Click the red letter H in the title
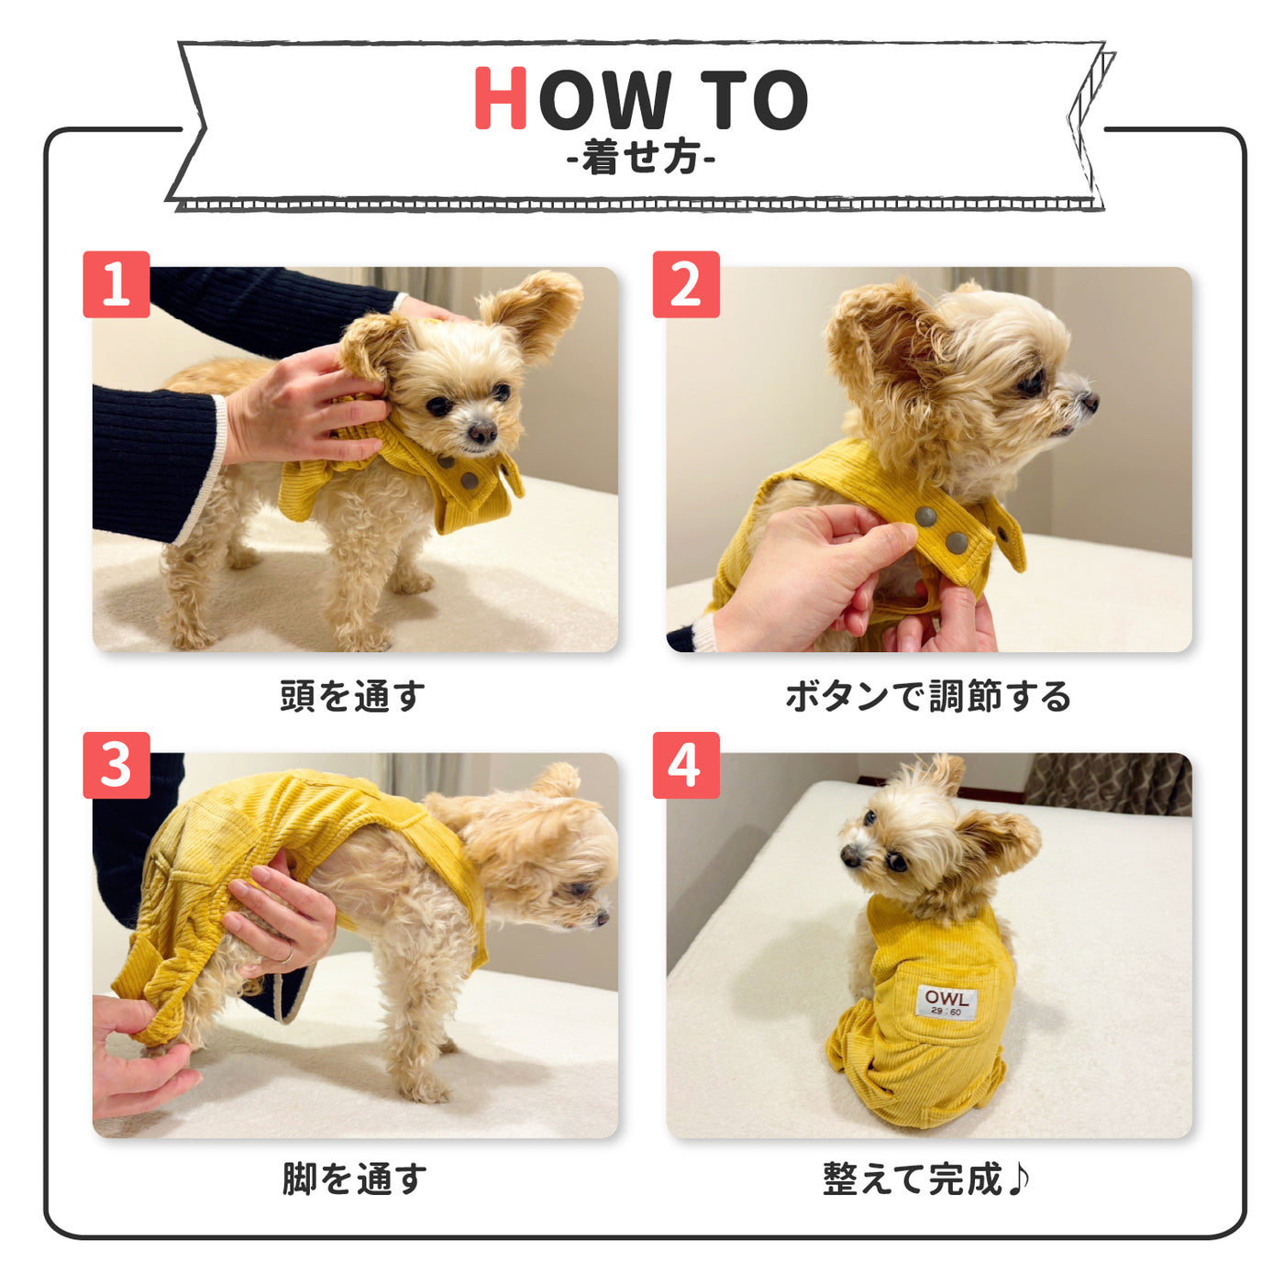(x=501, y=98)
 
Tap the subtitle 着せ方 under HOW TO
(x=641, y=158)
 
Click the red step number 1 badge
(x=116, y=284)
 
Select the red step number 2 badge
(x=686, y=284)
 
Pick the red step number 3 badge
(x=116, y=765)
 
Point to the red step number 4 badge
(x=686, y=765)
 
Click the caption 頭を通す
(x=353, y=696)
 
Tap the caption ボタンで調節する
(x=928, y=696)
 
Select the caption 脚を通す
(x=354, y=1179)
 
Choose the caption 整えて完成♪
(x=926, y=1179)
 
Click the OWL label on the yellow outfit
(x=946, y=1002)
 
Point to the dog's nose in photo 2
(x=1089, y=401)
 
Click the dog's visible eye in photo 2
(x=1033, y=382)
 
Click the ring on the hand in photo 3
(x=287, y=955)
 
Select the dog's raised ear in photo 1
(x=537, y=307)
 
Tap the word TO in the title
(x=754, y=99)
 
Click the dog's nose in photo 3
(x=602, y=915)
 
